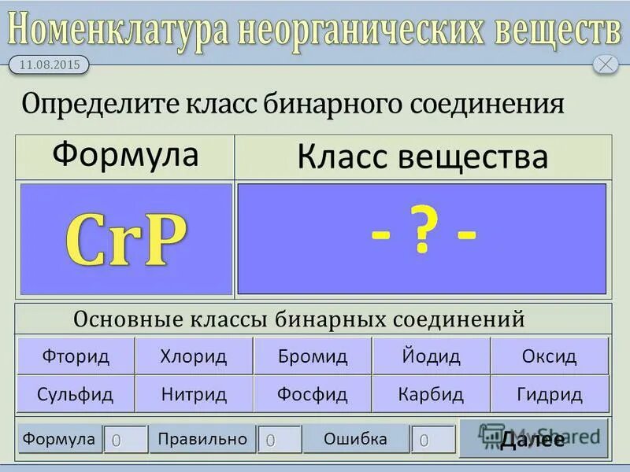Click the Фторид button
tap(76, 356)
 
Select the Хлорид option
tap(194, 356)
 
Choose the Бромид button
tap(313, 356)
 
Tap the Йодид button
tap(431, 356)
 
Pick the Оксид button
tap(550, 356)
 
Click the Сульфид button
tap(76, 394)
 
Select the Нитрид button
tap(194, 394)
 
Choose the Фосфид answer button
tap(313, 394)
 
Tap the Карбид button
tap(431, 394)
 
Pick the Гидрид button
tap(550, 394)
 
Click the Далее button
tap(533, 439)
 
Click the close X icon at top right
tap(605, 65)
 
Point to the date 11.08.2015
tap(49, 65)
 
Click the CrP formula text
tap(127, 239)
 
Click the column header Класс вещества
tap(422, 157)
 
